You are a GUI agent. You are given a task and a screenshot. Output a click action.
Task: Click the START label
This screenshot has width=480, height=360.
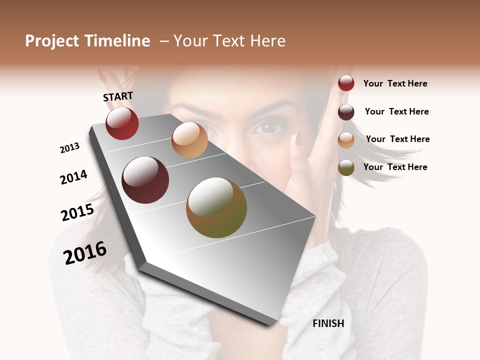click(118, 96)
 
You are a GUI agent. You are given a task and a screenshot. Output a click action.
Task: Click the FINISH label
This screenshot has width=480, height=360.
click(328, 323)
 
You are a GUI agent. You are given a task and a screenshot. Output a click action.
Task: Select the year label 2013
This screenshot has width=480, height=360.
click(70, 148)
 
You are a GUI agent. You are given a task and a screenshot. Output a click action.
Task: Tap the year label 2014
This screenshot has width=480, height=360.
click(73, 177)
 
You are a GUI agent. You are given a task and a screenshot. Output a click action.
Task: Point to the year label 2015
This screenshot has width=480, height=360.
click(77, 212)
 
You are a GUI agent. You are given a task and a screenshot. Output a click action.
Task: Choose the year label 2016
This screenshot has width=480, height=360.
click(85, 252)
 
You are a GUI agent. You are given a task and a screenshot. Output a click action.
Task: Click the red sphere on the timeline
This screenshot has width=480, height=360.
click(122, 123)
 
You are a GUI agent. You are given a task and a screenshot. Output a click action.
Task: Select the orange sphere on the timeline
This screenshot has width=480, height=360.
click(189, 140)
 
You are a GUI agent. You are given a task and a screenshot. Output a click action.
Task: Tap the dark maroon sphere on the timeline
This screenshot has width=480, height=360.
click(145, 180)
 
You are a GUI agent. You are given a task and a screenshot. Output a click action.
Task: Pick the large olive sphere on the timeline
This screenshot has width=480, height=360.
click(216, 207)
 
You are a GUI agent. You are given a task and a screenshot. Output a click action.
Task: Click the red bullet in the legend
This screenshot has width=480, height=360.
click(346, 83)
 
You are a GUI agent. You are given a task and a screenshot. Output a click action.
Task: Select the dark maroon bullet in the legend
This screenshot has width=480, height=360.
click(346, 112)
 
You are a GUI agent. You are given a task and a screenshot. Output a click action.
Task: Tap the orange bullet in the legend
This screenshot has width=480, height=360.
click(346, 140)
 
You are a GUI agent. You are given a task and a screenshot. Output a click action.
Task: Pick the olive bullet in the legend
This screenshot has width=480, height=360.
click(346, 167)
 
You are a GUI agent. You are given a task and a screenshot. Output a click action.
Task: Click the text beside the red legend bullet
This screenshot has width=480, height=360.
click(395, 83)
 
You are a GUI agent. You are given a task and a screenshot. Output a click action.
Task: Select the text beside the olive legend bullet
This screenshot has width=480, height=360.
click(395, 167)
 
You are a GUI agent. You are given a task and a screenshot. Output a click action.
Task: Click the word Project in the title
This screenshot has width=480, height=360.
click(52, 41)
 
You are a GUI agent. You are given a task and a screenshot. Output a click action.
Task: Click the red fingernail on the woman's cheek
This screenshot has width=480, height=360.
click(298, 138)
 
